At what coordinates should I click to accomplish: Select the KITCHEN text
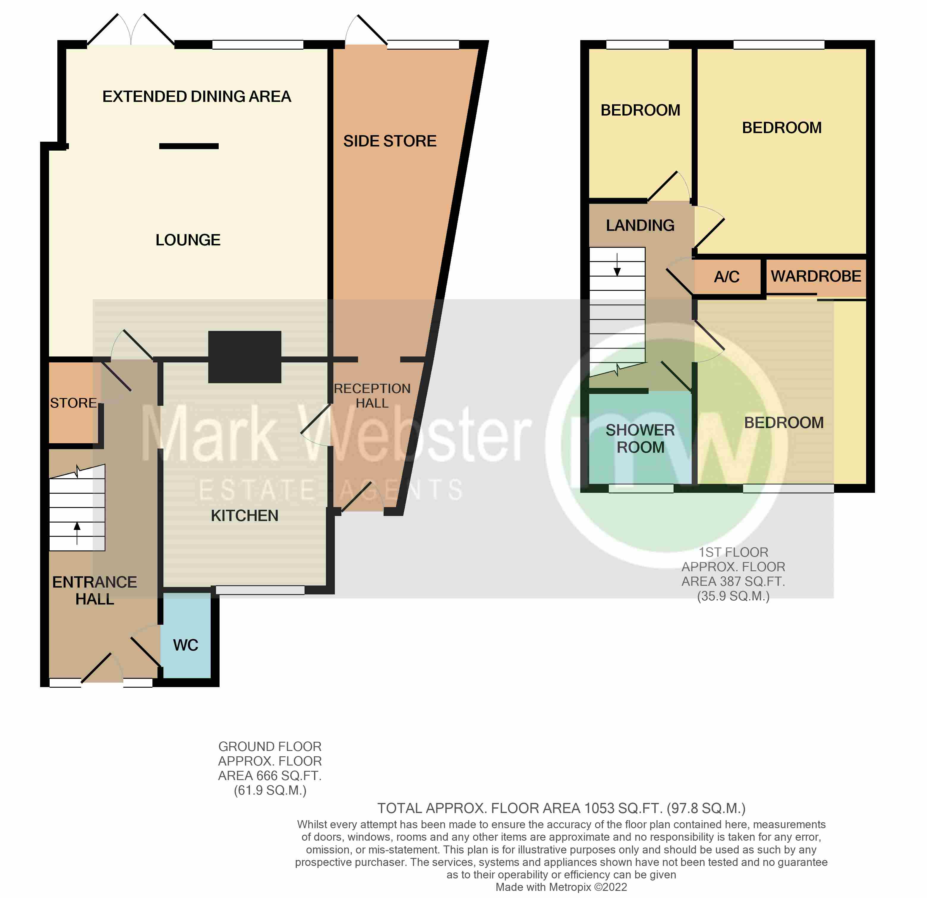pyautogui.click(x=245, y=515)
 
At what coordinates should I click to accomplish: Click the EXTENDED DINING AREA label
pyautogui.click(x=197, y=97)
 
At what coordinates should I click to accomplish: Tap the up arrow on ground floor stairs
pyautogui.click(x=77, y=532)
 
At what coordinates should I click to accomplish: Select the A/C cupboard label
pyautogui.click(x=726, y=277)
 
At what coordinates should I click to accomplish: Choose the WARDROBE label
pyautogui.click(x=816, y=276)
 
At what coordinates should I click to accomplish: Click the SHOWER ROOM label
pyautogui.click(x=640, y=438)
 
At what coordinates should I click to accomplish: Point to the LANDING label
pyautogui.click(x=640, y=225)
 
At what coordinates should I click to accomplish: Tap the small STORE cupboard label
pyautogui.click(x=73, y=403)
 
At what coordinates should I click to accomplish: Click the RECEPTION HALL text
pyautogui.click(x=372, y=396)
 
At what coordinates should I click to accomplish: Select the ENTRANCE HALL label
pyautogui.click(x=94, y=590)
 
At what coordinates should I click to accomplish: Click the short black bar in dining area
pyautogui.click(x=189, y=146)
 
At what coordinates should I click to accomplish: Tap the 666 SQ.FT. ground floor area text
pyautogui.click(x=269, y=776)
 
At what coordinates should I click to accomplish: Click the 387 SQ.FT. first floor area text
pyautogui.click(x=733, y=581)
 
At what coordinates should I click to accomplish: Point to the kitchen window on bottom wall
pyautogui.click(x=260, y=590)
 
